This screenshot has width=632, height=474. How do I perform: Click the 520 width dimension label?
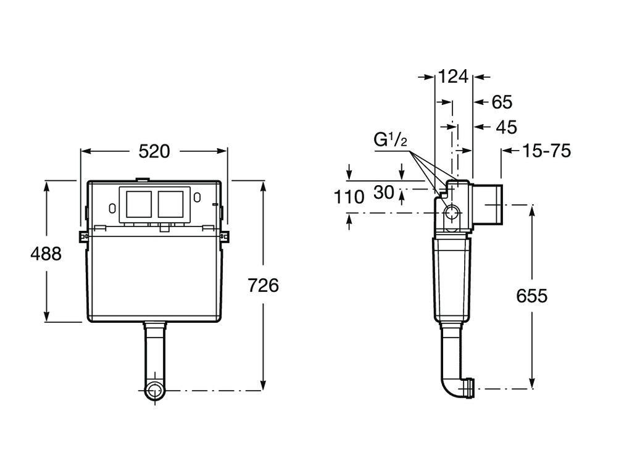point(154,151)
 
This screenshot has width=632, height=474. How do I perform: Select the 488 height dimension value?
point(46,253)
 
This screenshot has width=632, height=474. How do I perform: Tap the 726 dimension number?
point(263,285)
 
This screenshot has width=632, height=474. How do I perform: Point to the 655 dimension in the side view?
point(531,296)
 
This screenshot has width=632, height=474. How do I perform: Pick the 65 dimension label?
point(502,102)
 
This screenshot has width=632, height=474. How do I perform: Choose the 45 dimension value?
point(506,127)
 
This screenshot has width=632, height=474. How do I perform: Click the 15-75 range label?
point(546,151)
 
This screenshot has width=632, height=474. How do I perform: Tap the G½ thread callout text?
point(390,140)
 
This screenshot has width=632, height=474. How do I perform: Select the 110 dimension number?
point(349,197)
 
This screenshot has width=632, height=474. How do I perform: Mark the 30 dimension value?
point(383,193)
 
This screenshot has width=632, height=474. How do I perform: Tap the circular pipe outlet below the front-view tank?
point(154,391)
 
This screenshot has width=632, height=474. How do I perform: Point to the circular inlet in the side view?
point(452,214)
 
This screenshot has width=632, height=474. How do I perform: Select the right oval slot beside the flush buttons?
point(197,198)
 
